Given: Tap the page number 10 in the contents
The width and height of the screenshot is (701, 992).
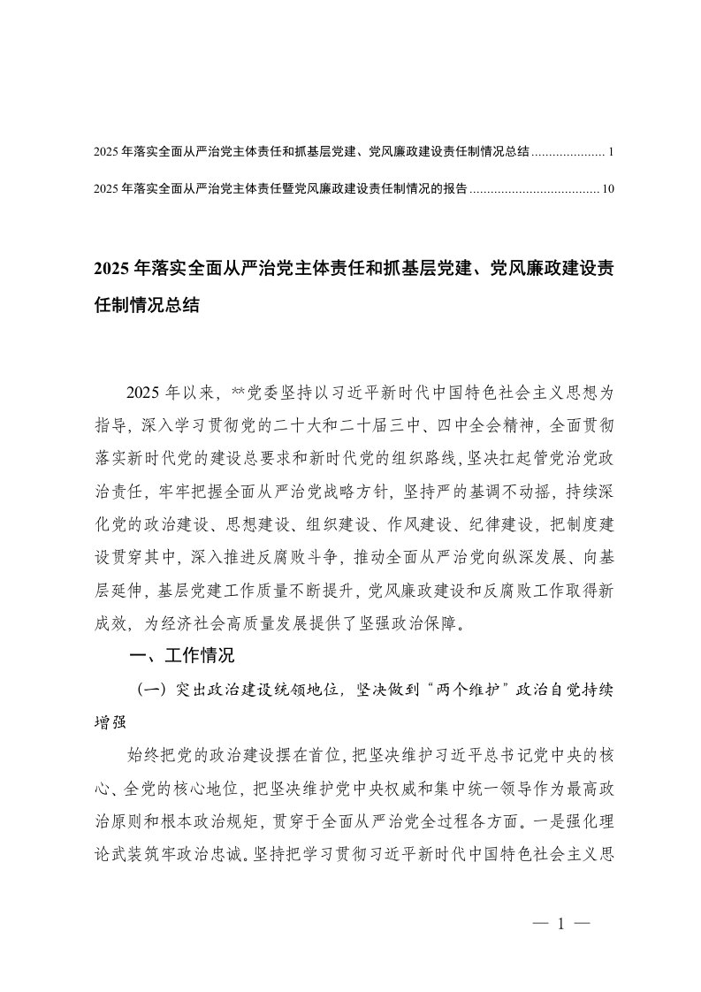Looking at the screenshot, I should (x=606, y=188).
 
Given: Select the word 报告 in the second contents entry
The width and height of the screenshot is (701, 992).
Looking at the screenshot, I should (x=455, y=188).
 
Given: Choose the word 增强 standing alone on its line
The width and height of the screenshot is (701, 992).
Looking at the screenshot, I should (x=109, y=721).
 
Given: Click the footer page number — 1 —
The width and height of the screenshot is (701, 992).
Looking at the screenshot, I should (x=560, y=923).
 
